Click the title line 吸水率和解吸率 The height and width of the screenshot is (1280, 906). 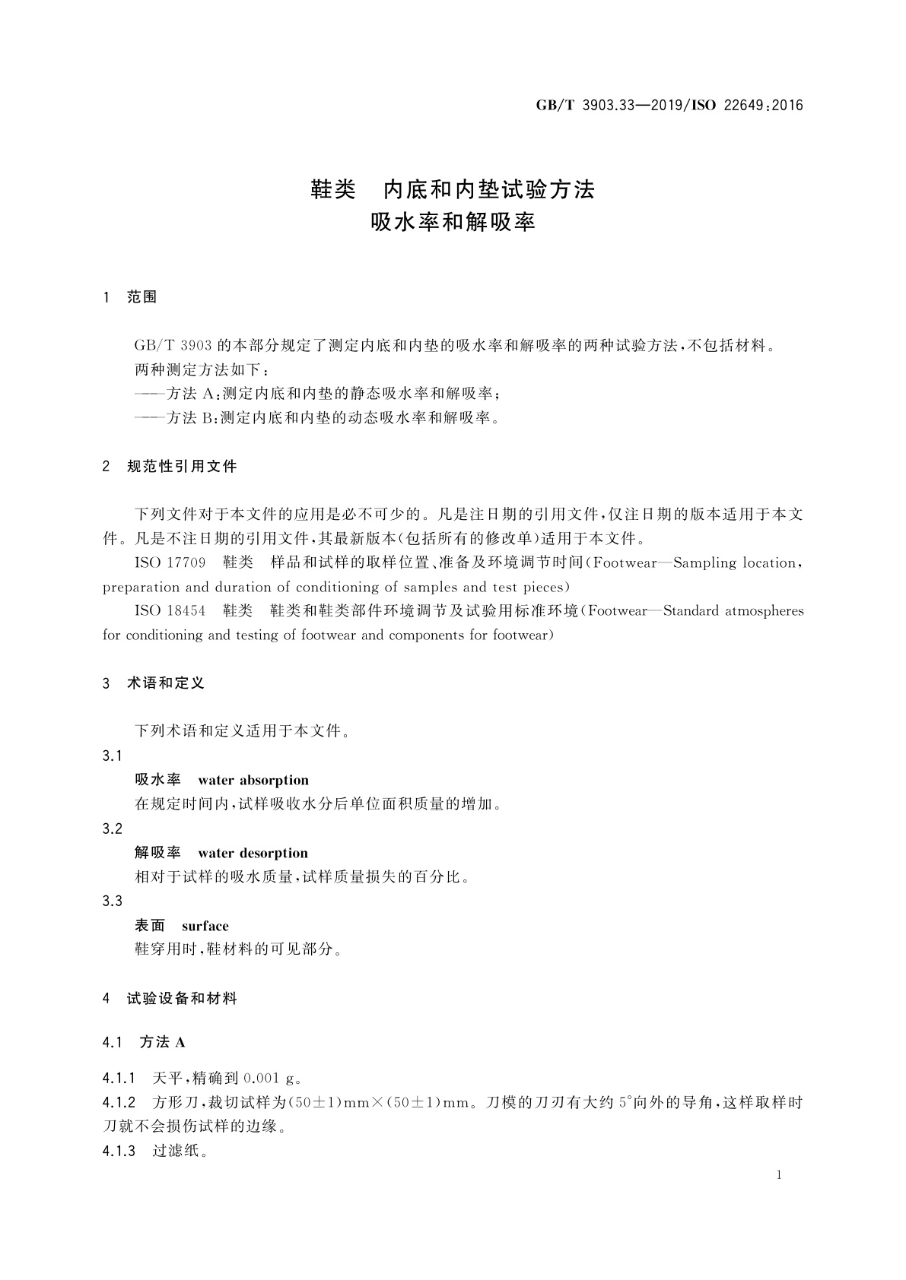(x=453, y=222)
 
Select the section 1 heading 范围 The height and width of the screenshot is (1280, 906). (x=141, y=297)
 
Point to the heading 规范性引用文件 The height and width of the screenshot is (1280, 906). (x=182, y=466)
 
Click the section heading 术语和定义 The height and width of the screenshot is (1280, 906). (x=166, y=683)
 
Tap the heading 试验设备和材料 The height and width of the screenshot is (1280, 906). (x=182, y=999)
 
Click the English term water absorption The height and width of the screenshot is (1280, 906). (x=253, y=780)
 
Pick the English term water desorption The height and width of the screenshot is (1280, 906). (x=253, y=853)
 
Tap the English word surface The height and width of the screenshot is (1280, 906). (x=205, y=926)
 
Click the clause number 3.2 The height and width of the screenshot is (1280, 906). (x=113, y=829)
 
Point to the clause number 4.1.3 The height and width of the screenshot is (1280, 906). (x=119, y=1151)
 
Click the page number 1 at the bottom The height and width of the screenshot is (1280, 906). (x=779, y=1175)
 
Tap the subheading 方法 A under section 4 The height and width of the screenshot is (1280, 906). (x=163, y=1042)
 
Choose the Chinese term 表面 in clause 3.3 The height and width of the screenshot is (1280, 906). (x=150, y=926)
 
